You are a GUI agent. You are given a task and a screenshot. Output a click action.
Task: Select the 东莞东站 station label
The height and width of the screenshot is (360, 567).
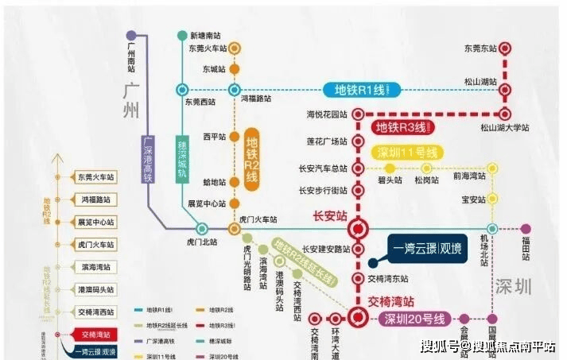point(480,48)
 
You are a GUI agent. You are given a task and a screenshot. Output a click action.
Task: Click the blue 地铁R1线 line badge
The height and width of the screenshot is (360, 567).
point(353,90)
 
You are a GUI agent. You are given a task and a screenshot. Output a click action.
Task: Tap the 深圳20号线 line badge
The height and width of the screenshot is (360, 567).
point(414,319)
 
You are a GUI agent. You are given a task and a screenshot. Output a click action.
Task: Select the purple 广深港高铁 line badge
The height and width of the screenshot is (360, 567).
point(148,164)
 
